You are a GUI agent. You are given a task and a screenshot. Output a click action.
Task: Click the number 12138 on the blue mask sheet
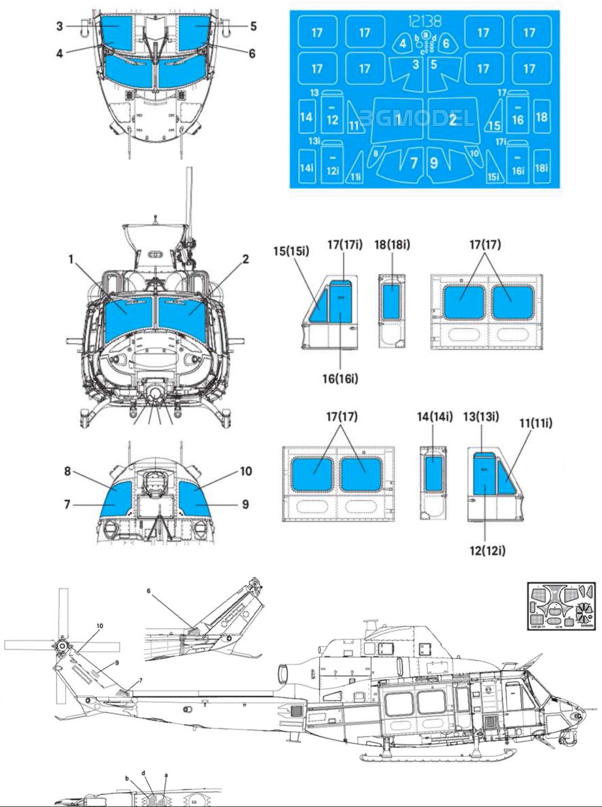tap(424, 21)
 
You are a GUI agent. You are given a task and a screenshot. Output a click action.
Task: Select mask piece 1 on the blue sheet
tap(397, 120)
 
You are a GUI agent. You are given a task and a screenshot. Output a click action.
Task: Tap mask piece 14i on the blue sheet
tap(307, 167)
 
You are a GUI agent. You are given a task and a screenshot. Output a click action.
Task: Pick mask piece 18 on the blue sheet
tap(541, 117)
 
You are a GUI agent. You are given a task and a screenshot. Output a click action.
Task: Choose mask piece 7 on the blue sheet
tap(413, 163)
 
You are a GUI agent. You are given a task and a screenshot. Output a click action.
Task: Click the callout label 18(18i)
tap(392, 245)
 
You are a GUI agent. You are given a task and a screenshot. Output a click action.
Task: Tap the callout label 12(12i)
tap(487, 551)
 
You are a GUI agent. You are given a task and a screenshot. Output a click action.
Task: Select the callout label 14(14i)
tap(435, 416)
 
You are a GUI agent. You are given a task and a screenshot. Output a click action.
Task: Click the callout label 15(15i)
tap(291, 251)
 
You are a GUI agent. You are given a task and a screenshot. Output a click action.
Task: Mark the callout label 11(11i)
tap(536, 423)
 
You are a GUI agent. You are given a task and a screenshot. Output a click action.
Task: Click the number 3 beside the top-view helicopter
tap(59, 26)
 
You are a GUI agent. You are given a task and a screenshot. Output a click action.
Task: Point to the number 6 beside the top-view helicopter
tap(252, 53)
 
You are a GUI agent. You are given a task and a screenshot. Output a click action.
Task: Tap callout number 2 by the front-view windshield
tap(245, 259)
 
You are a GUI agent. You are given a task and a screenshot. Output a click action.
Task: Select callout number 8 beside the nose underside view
tap(67, 471)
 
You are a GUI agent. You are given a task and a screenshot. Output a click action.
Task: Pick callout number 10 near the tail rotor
tap(100, 626)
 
